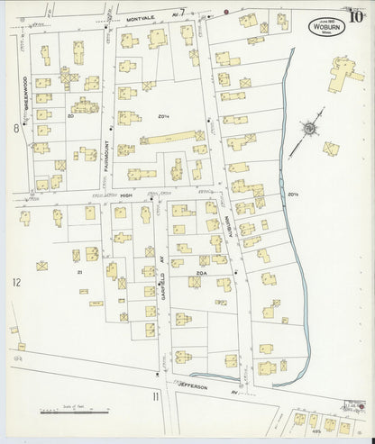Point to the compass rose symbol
(308, 129)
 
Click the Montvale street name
(141, 18)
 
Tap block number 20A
(200, 268)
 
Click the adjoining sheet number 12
(15, 283)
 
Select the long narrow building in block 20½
(171, 139)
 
